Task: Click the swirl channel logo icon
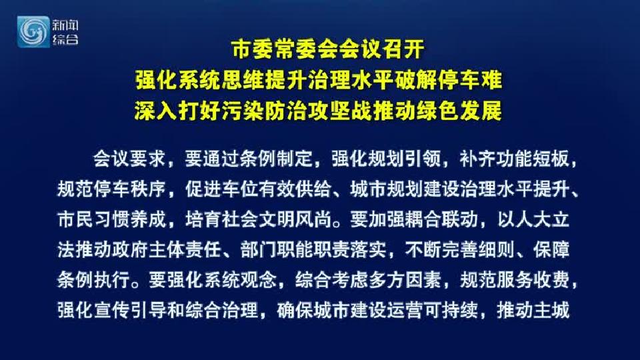pos(33,32)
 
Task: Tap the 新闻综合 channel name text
pos(65,32)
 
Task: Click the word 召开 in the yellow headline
pos(403,49)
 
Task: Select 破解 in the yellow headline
pos(417,80)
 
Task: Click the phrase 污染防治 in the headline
pos(265,111)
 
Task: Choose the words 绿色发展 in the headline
pos(459,111)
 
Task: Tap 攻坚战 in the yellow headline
pos(341,111)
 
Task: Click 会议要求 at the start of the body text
pos(129,159)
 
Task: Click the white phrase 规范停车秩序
pos(111,189)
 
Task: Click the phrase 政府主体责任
pos(167,250)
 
